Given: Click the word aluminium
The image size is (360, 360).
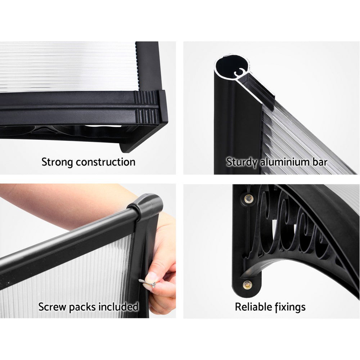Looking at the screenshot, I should coord(285,162).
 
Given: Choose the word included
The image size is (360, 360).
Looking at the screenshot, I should coord(120,307).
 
